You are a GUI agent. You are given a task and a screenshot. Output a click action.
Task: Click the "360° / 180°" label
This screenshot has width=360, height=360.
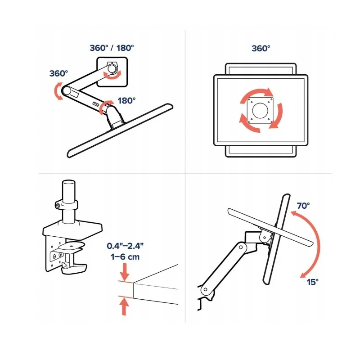point(112,48)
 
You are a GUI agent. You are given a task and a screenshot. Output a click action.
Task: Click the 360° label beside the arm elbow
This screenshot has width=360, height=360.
point(58,73)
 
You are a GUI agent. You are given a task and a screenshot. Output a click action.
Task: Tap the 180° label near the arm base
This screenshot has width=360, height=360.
point(126,100)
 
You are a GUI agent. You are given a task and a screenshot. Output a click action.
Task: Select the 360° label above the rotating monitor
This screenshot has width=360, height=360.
point(261,48)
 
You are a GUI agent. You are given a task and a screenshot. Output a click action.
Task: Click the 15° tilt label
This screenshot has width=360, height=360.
point(313,281)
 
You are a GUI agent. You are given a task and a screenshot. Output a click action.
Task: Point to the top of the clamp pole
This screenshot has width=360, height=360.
point(68,183)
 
